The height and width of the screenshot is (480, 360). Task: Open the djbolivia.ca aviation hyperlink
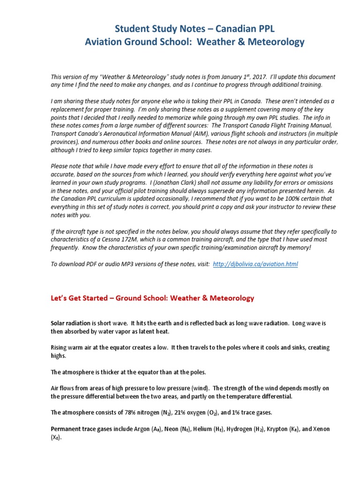point(255,264)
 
